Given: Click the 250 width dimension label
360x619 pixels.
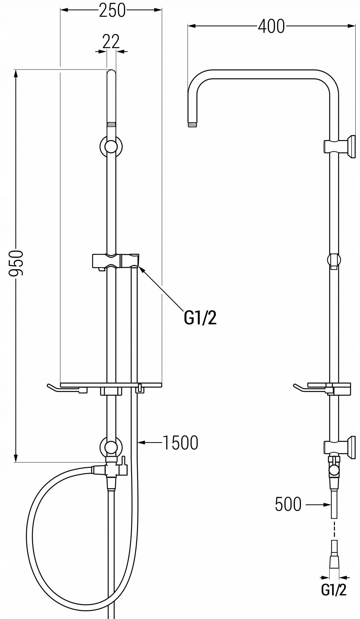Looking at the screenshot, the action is (x=112, y=11).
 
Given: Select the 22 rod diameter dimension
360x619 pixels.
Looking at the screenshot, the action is (x=111, y=42).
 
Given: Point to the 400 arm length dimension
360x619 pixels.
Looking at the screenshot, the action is (x=271, y=26).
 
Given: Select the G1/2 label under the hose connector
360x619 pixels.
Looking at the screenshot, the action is (x=334, y=590).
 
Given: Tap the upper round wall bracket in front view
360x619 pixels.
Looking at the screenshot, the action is (x=111, y=146).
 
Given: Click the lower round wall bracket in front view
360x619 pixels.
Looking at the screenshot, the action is (x=111, y=447).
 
